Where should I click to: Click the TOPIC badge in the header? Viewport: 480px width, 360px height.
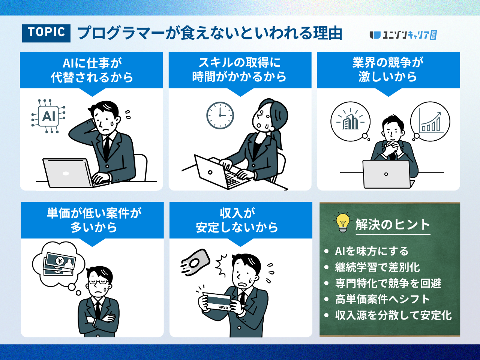click(x=46, y=33)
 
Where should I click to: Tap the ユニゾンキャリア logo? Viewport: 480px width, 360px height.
click(x=403, y=35)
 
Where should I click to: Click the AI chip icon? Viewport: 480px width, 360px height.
click(x=48, y=116)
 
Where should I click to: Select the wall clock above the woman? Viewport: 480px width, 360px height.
click(x=220, y=115)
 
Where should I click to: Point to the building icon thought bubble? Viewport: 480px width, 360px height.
click(x=351, y=121)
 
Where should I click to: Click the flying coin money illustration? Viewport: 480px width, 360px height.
click(x=195, y=261)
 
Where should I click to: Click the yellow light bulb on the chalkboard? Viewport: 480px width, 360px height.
click(x=343, y=222)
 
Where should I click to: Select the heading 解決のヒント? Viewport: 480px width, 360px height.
click(x=393, y=225)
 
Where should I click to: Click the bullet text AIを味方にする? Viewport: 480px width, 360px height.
click(x=372, y=251)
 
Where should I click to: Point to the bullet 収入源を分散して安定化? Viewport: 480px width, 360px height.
click(x=393, y=315)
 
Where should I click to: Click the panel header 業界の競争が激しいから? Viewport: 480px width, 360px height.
click(x=388, y=70)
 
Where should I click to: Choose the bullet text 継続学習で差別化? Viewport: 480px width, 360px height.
click(x=378, y=267)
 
